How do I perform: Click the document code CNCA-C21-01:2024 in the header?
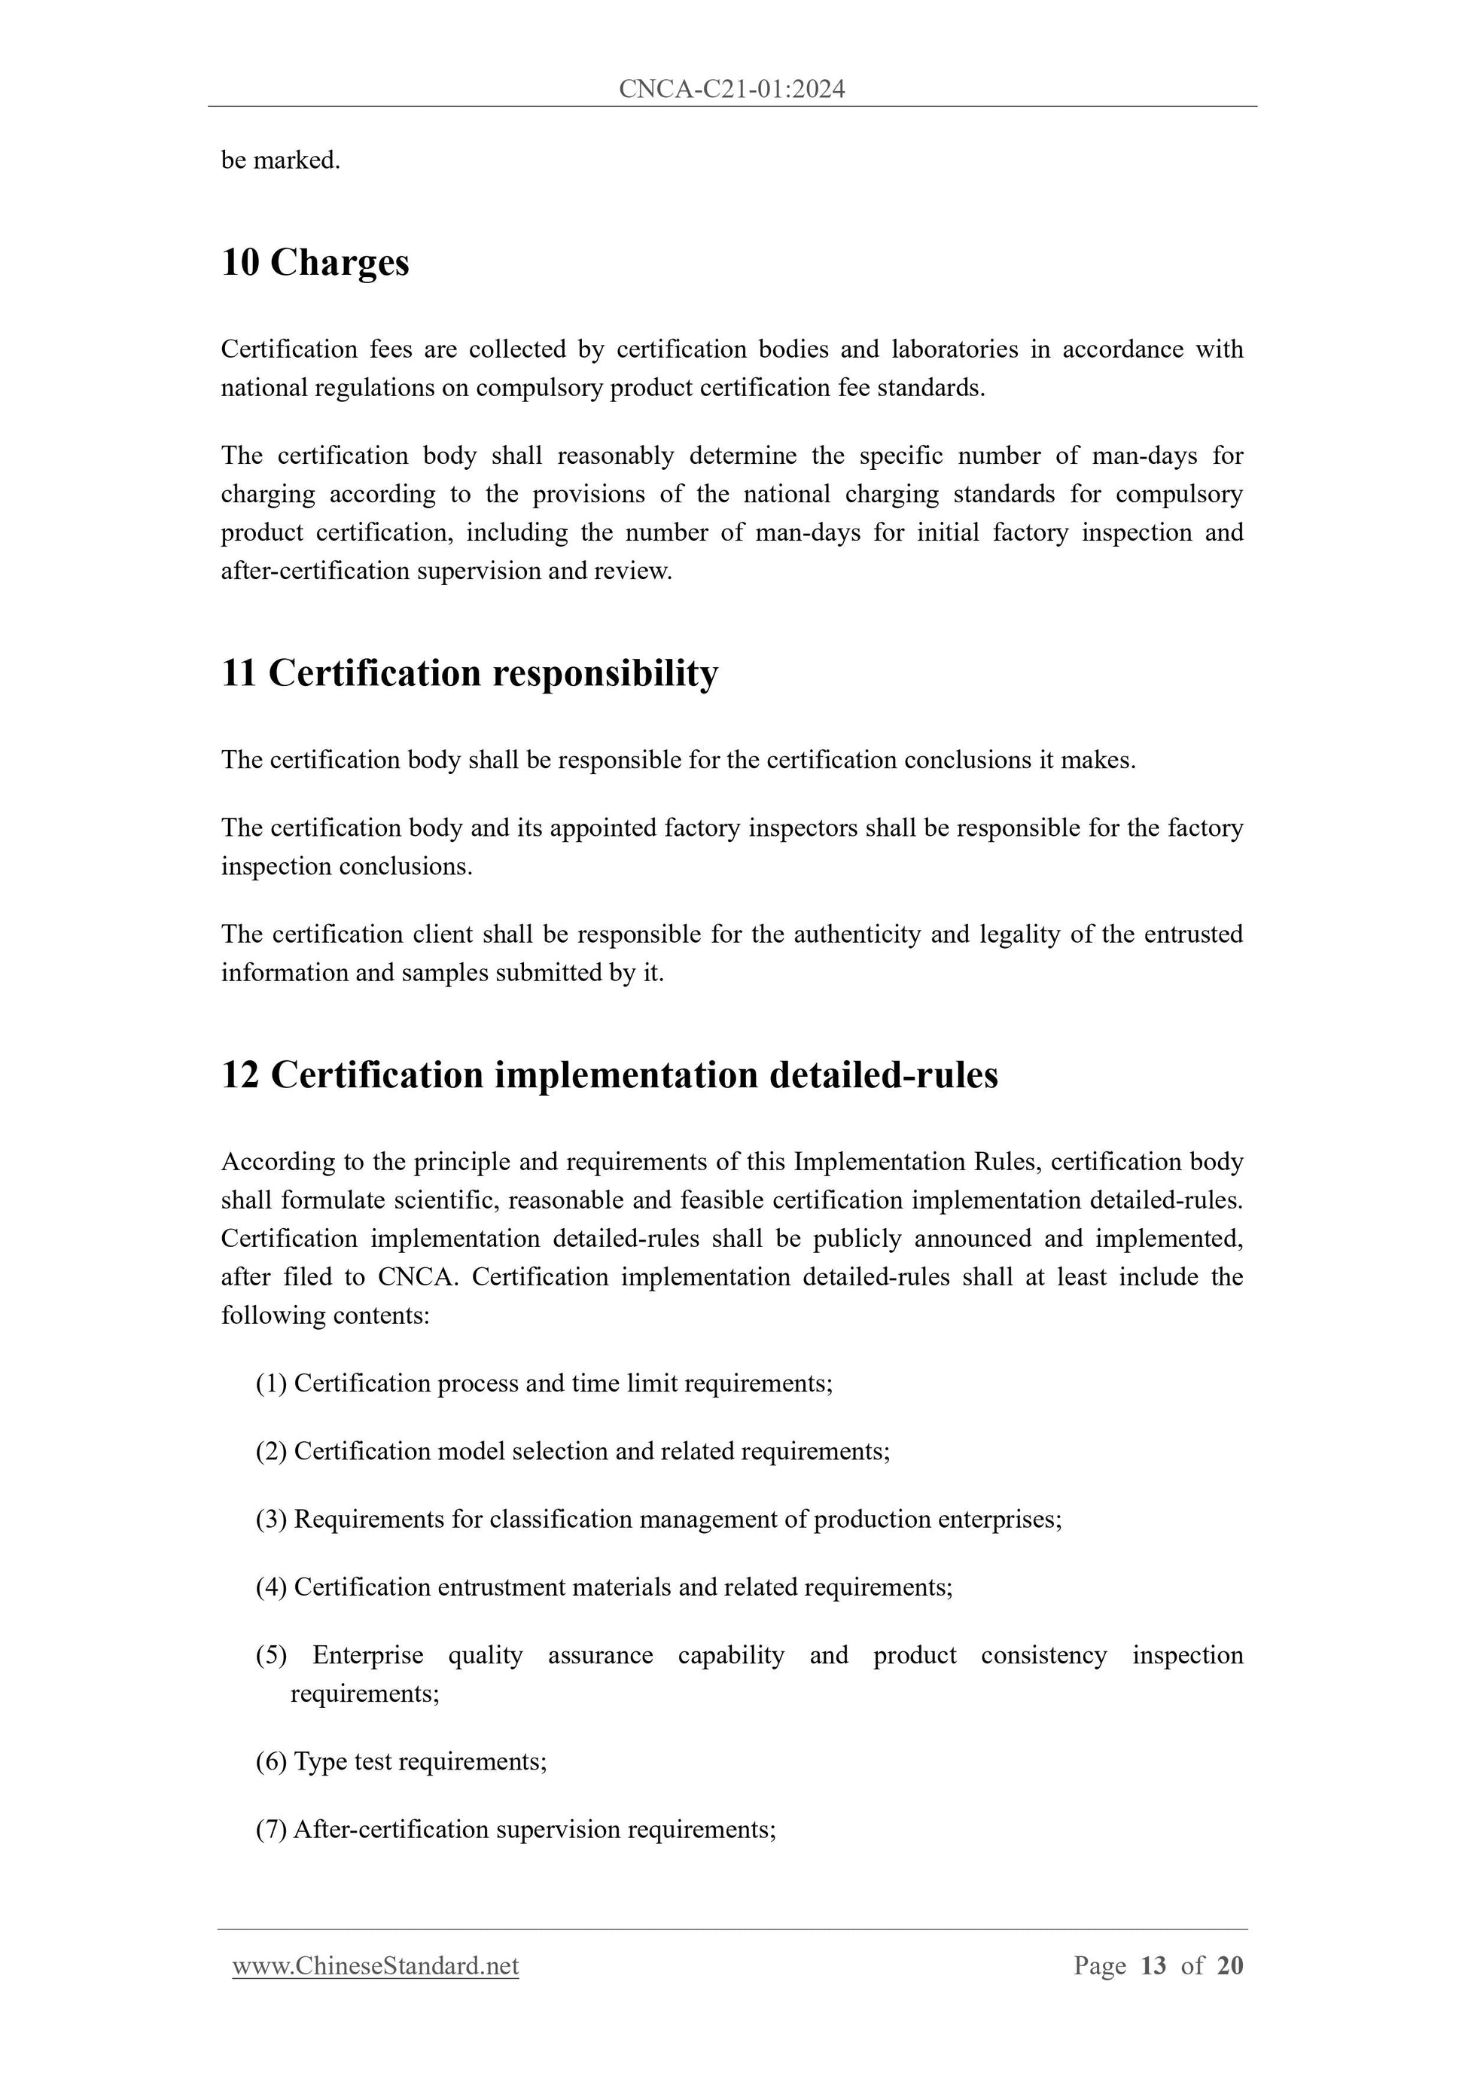[x=731, y=89]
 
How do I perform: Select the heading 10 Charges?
[x=315, y=263]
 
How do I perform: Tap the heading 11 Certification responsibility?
[x=469, y=673]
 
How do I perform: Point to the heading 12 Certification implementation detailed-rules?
[x=609, y=1075]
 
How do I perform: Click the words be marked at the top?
[x=280, y=160]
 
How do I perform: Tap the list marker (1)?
[x=271, y=1383]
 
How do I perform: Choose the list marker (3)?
[x=271, y=1519]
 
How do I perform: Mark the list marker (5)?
[x=271, y=1655]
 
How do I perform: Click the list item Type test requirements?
[x=420, y=1761]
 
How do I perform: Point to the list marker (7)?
[x=271, y=1829]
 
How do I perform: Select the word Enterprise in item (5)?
[x=367, y=1655]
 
